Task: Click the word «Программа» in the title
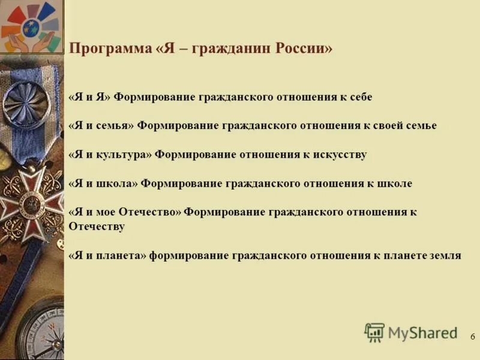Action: [110, 49]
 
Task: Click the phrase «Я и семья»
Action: [101, 125]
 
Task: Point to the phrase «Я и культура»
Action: [110, 154]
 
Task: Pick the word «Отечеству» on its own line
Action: [97, 226]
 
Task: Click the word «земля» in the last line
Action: [445, 255]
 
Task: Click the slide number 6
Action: [473, 337]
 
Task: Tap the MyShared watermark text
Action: [422, 333]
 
